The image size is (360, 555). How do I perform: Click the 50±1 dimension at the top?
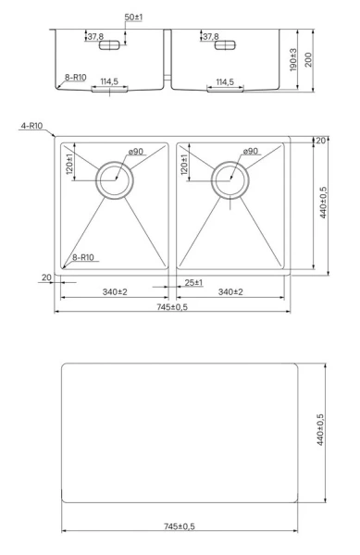click(134, 17)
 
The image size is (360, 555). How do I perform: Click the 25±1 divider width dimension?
click(194, 281)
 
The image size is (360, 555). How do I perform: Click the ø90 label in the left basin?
click(136, 152)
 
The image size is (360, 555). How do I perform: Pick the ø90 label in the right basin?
click(251, 152)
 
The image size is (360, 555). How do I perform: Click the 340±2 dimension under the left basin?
click(115, 291)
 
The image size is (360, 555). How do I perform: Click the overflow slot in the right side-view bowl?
click(225, 44)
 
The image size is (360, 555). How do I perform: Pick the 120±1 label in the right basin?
click(185, 165)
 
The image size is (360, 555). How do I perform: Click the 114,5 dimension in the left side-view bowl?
click(109, 82)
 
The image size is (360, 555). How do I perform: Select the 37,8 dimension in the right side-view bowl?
click(210, 37)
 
